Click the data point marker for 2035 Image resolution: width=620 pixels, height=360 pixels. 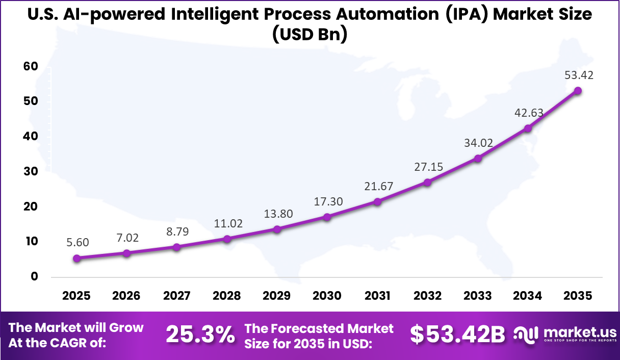(x=578, y=91)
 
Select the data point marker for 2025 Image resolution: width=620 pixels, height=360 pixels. (x=76, y=259)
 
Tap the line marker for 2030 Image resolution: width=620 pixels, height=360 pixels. (x=327, y=217)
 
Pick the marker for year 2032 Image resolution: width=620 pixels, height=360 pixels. (x=428, y=182)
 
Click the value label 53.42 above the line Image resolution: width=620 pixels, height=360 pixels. (x=579, y=75)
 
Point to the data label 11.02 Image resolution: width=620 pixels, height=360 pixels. (x=228, y=223)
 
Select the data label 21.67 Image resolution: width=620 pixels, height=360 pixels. (x=378, y=187)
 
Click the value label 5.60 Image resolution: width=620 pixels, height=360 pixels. (x=77, y=243)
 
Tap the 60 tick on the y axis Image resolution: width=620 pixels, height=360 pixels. (x=31, y=66)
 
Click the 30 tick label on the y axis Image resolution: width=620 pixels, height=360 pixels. (x=31, y=171)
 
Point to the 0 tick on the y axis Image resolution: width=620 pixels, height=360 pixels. (x=34, y=276)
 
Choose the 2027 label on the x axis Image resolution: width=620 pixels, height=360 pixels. (x=177, y=296)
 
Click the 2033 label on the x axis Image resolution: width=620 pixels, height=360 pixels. (x=478, y=296)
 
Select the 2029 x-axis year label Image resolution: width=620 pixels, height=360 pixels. (x=277, y=296)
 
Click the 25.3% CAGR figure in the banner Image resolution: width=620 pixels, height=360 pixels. (x=200, y=335)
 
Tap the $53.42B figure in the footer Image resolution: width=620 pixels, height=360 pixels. (x=457, y=335)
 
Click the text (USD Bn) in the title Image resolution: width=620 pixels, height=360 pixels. (x=309, y=35)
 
